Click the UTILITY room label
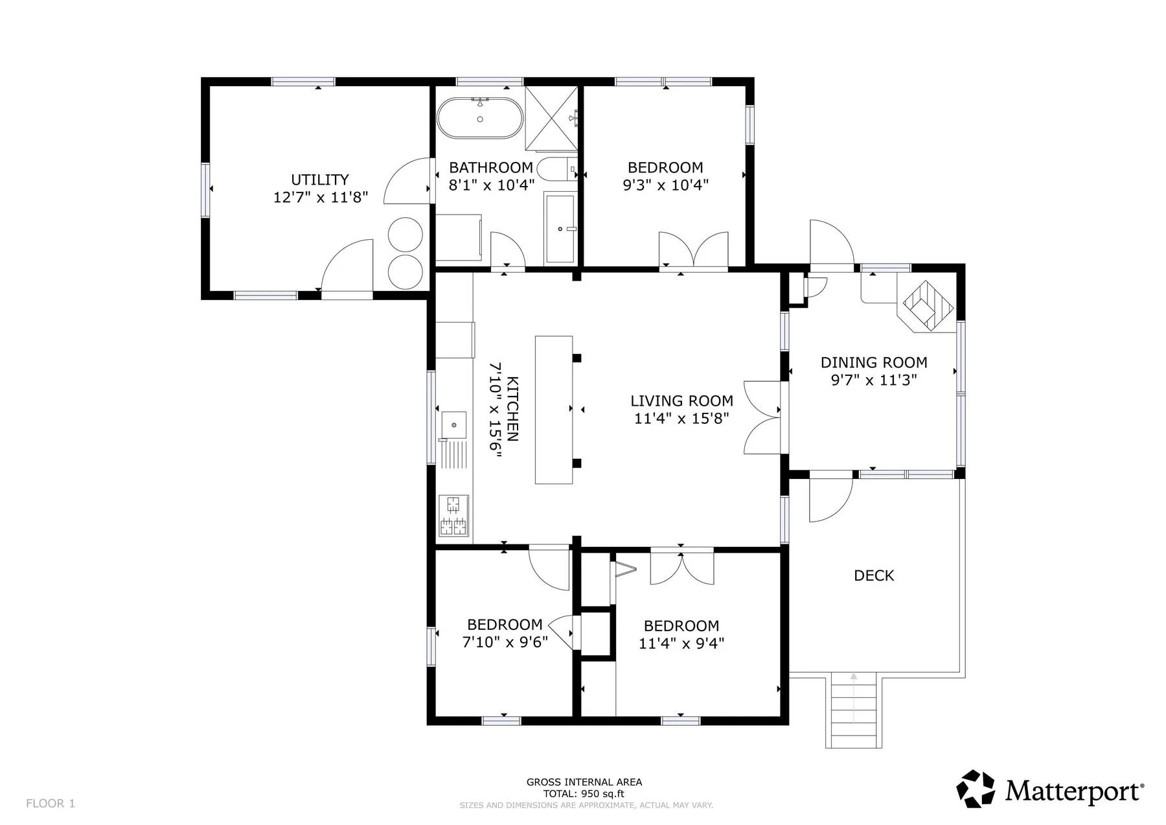pos(319,180)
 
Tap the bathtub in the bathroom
pos(480,118)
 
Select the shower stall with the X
pos(551,117)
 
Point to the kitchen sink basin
pos(454,424)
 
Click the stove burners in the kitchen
pos(454,516)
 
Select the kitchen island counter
pos(554,410)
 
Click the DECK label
pos(874,575)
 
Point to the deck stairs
pos(853,710)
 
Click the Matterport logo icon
pos(976,789)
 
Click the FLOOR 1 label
pos(51,804)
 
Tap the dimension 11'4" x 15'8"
pos(681,419)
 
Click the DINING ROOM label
pos(874,363)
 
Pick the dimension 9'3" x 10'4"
pos(665,185)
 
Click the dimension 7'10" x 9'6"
pos(505,642)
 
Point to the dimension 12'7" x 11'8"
pos(320,197)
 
